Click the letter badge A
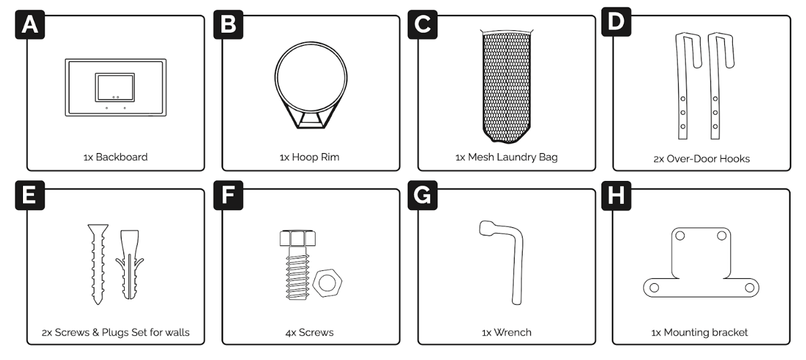click(x=30, y=24)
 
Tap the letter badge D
click(x=616, y=22)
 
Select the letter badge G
click(x=422, y=195)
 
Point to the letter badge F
click(x=228, y=195)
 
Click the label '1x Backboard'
click(x=115, y=157)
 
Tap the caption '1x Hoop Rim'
click(x=309, y=157)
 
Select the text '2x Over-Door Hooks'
click(x=702, y=159)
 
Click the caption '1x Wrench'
click(x=507, y=332)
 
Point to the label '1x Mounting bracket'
click(x=699, y=332)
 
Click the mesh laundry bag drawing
click(x=507, y=86)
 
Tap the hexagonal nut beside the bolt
click(x=327, y=283)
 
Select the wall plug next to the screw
click(x=129, y=265)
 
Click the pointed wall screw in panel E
click(x=98, y=265)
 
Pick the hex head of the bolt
click(x=298, y=238)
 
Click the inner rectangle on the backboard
click(x=115, y=87)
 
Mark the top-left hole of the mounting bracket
click(x=680, y=235)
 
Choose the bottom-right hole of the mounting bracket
click(x=750, y=288)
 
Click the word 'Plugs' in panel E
click(x=115, y=332)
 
